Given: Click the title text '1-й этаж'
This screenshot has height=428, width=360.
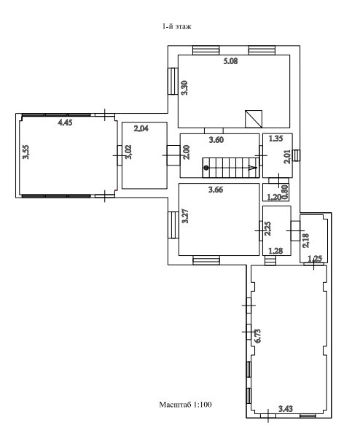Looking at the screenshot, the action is pos(177,26).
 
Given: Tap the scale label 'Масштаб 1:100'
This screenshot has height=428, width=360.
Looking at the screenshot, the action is pos(185,404).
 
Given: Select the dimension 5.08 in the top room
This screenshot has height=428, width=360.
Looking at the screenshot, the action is pos(230,61).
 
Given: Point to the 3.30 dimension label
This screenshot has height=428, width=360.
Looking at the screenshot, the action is pos(185,87).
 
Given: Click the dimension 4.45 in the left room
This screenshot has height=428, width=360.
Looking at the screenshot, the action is pos(65,122).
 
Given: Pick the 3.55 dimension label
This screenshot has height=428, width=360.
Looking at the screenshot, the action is pos(26,152).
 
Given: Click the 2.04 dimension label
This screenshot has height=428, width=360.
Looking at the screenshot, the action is pos(141,128).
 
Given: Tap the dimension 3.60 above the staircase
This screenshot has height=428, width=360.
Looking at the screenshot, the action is pos(216,140).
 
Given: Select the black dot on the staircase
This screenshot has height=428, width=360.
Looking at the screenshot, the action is pos(206,168).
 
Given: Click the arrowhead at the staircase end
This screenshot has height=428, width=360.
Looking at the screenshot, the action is pos(253,168).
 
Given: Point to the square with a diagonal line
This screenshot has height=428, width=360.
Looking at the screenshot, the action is pos(254,119).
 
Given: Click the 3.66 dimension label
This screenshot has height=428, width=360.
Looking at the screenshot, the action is pos(216,190).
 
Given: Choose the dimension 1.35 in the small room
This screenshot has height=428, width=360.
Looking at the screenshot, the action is pos(275,139).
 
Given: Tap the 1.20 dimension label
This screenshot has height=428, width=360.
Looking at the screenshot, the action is pos(273,197).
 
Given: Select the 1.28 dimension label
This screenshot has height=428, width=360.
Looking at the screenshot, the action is pos(275,251).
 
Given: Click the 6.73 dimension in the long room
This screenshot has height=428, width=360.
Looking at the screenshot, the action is pos(258,335).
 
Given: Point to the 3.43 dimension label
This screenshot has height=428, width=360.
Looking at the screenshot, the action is pos(286,408).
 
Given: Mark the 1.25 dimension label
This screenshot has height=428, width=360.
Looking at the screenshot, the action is pos(315,258).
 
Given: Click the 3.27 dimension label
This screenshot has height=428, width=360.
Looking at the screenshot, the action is pos(185,216).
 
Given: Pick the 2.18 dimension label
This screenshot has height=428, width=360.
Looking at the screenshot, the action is pos(306,241).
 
